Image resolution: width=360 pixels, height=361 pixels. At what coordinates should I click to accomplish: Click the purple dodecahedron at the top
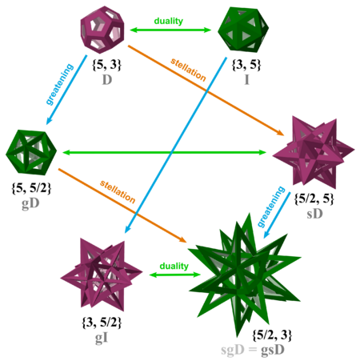point(102,30)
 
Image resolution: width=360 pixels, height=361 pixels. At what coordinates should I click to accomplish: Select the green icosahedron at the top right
point(242,30)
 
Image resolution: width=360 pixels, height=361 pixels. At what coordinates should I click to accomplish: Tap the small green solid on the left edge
point(30,151)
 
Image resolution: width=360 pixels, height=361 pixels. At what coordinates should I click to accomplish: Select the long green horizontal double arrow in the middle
point(165,152)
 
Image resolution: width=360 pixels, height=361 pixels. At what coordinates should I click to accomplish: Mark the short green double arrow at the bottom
point(170,275)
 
